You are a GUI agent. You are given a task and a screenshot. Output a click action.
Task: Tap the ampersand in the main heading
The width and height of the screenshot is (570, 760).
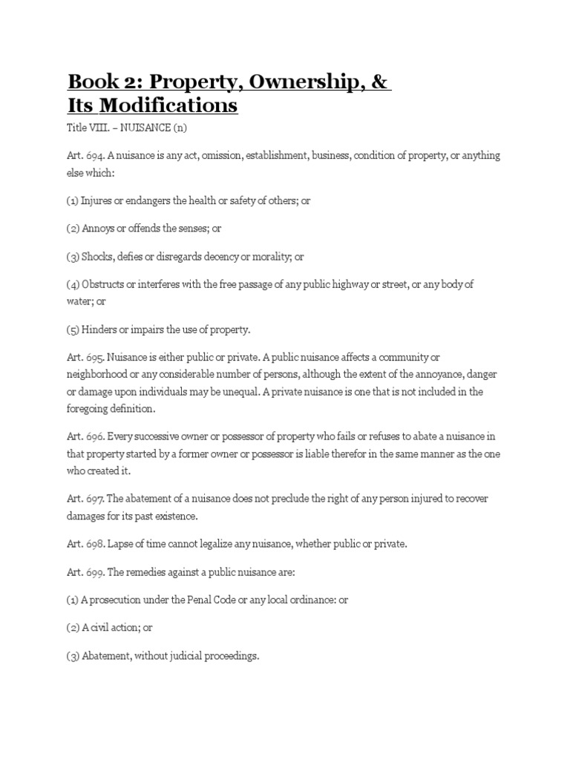point(380,80)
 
